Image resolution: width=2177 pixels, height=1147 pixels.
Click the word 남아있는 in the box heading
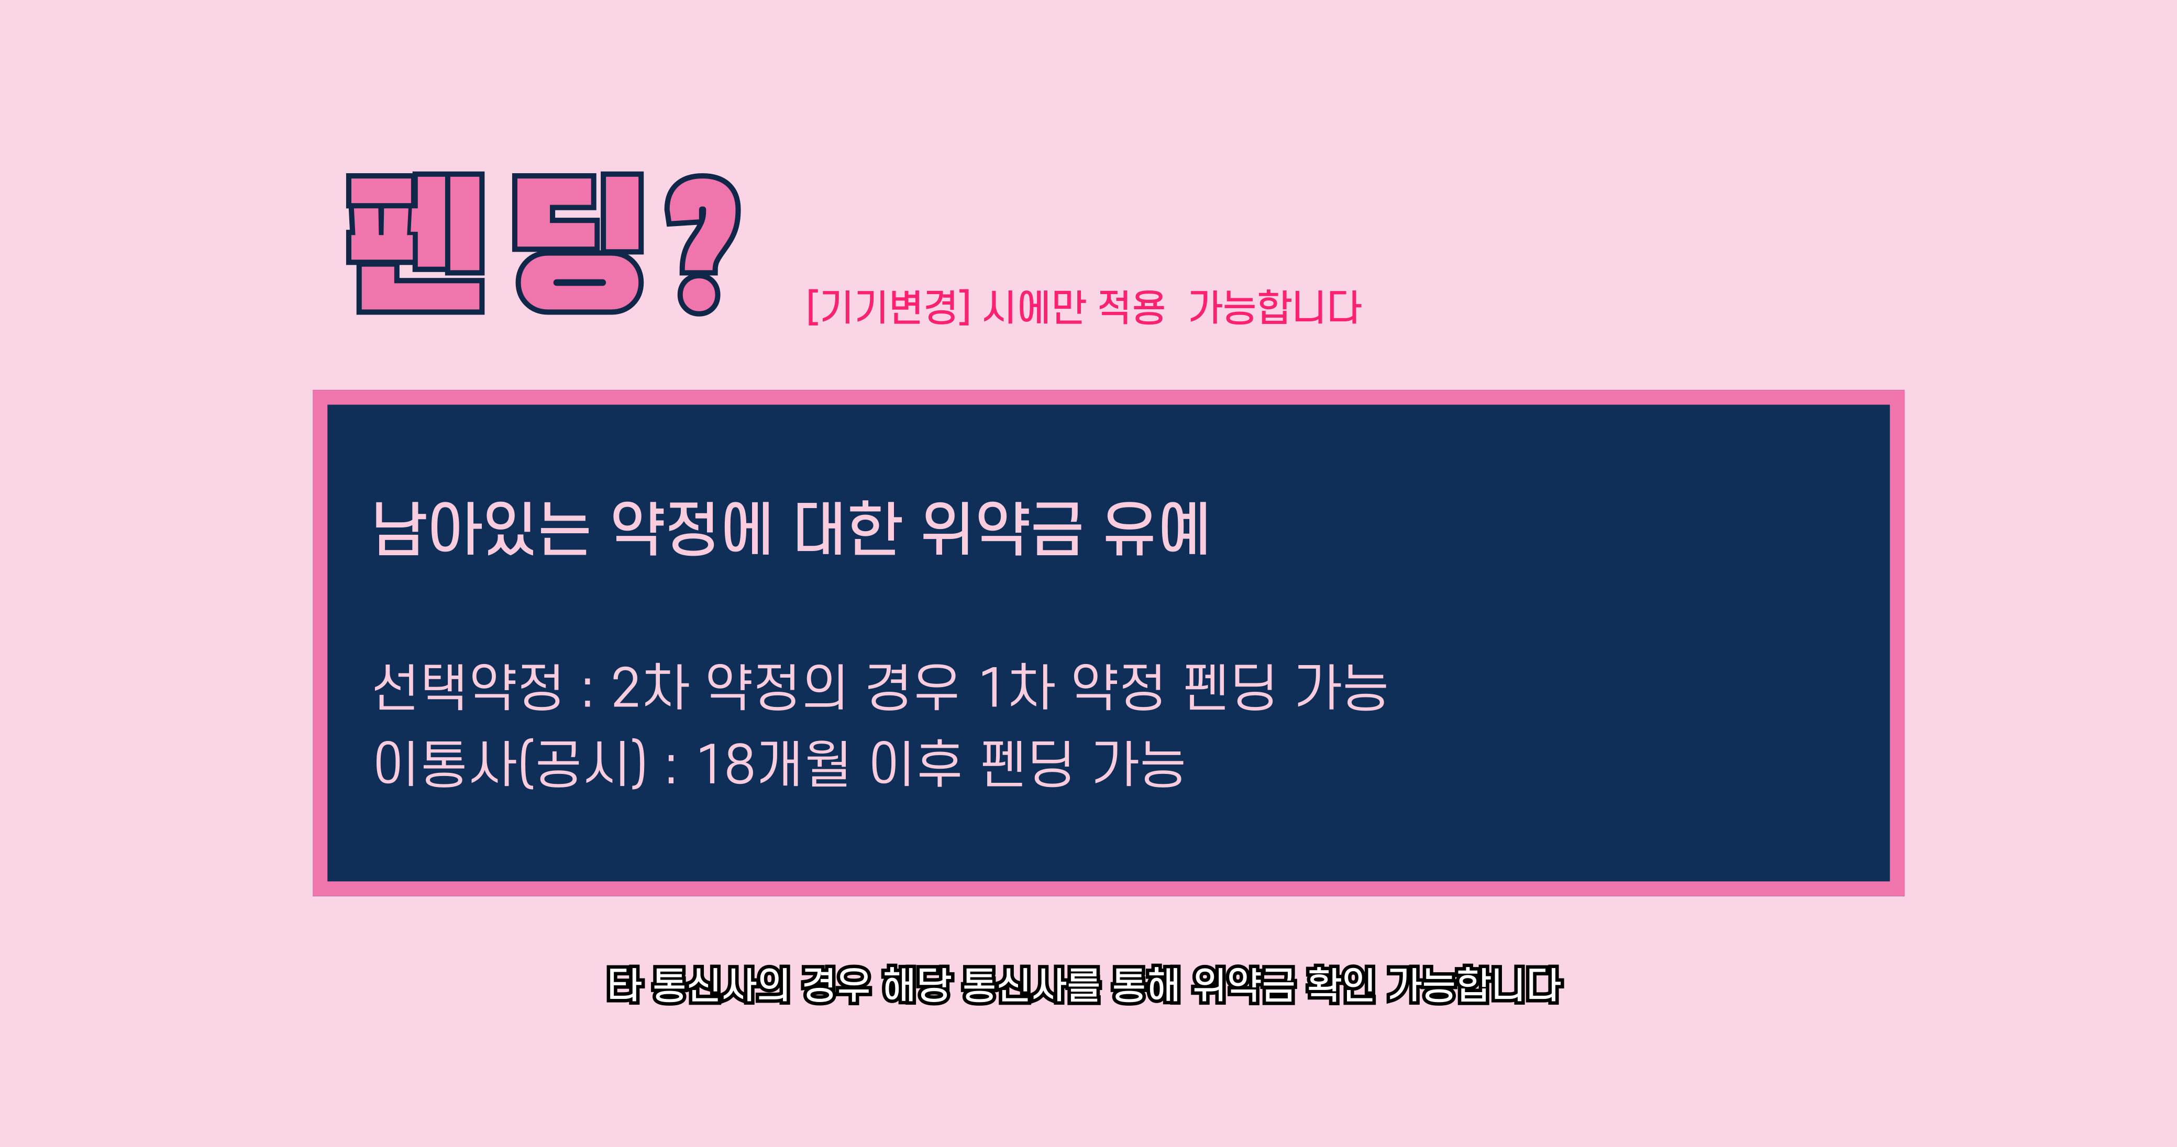[480, 528]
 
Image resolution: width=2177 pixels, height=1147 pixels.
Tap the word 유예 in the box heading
[1156, 528]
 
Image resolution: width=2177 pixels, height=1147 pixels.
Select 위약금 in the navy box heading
[1001, 528]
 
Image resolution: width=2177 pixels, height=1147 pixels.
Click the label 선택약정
[467, 686]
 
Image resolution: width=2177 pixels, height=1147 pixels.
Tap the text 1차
[1016, 686]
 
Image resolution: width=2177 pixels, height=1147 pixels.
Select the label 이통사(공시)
[510, 763]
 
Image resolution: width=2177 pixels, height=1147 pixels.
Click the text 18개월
[772, 763]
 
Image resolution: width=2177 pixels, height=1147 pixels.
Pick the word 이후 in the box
[915, 763]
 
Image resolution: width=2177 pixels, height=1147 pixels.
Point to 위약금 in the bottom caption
[1243, 985]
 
